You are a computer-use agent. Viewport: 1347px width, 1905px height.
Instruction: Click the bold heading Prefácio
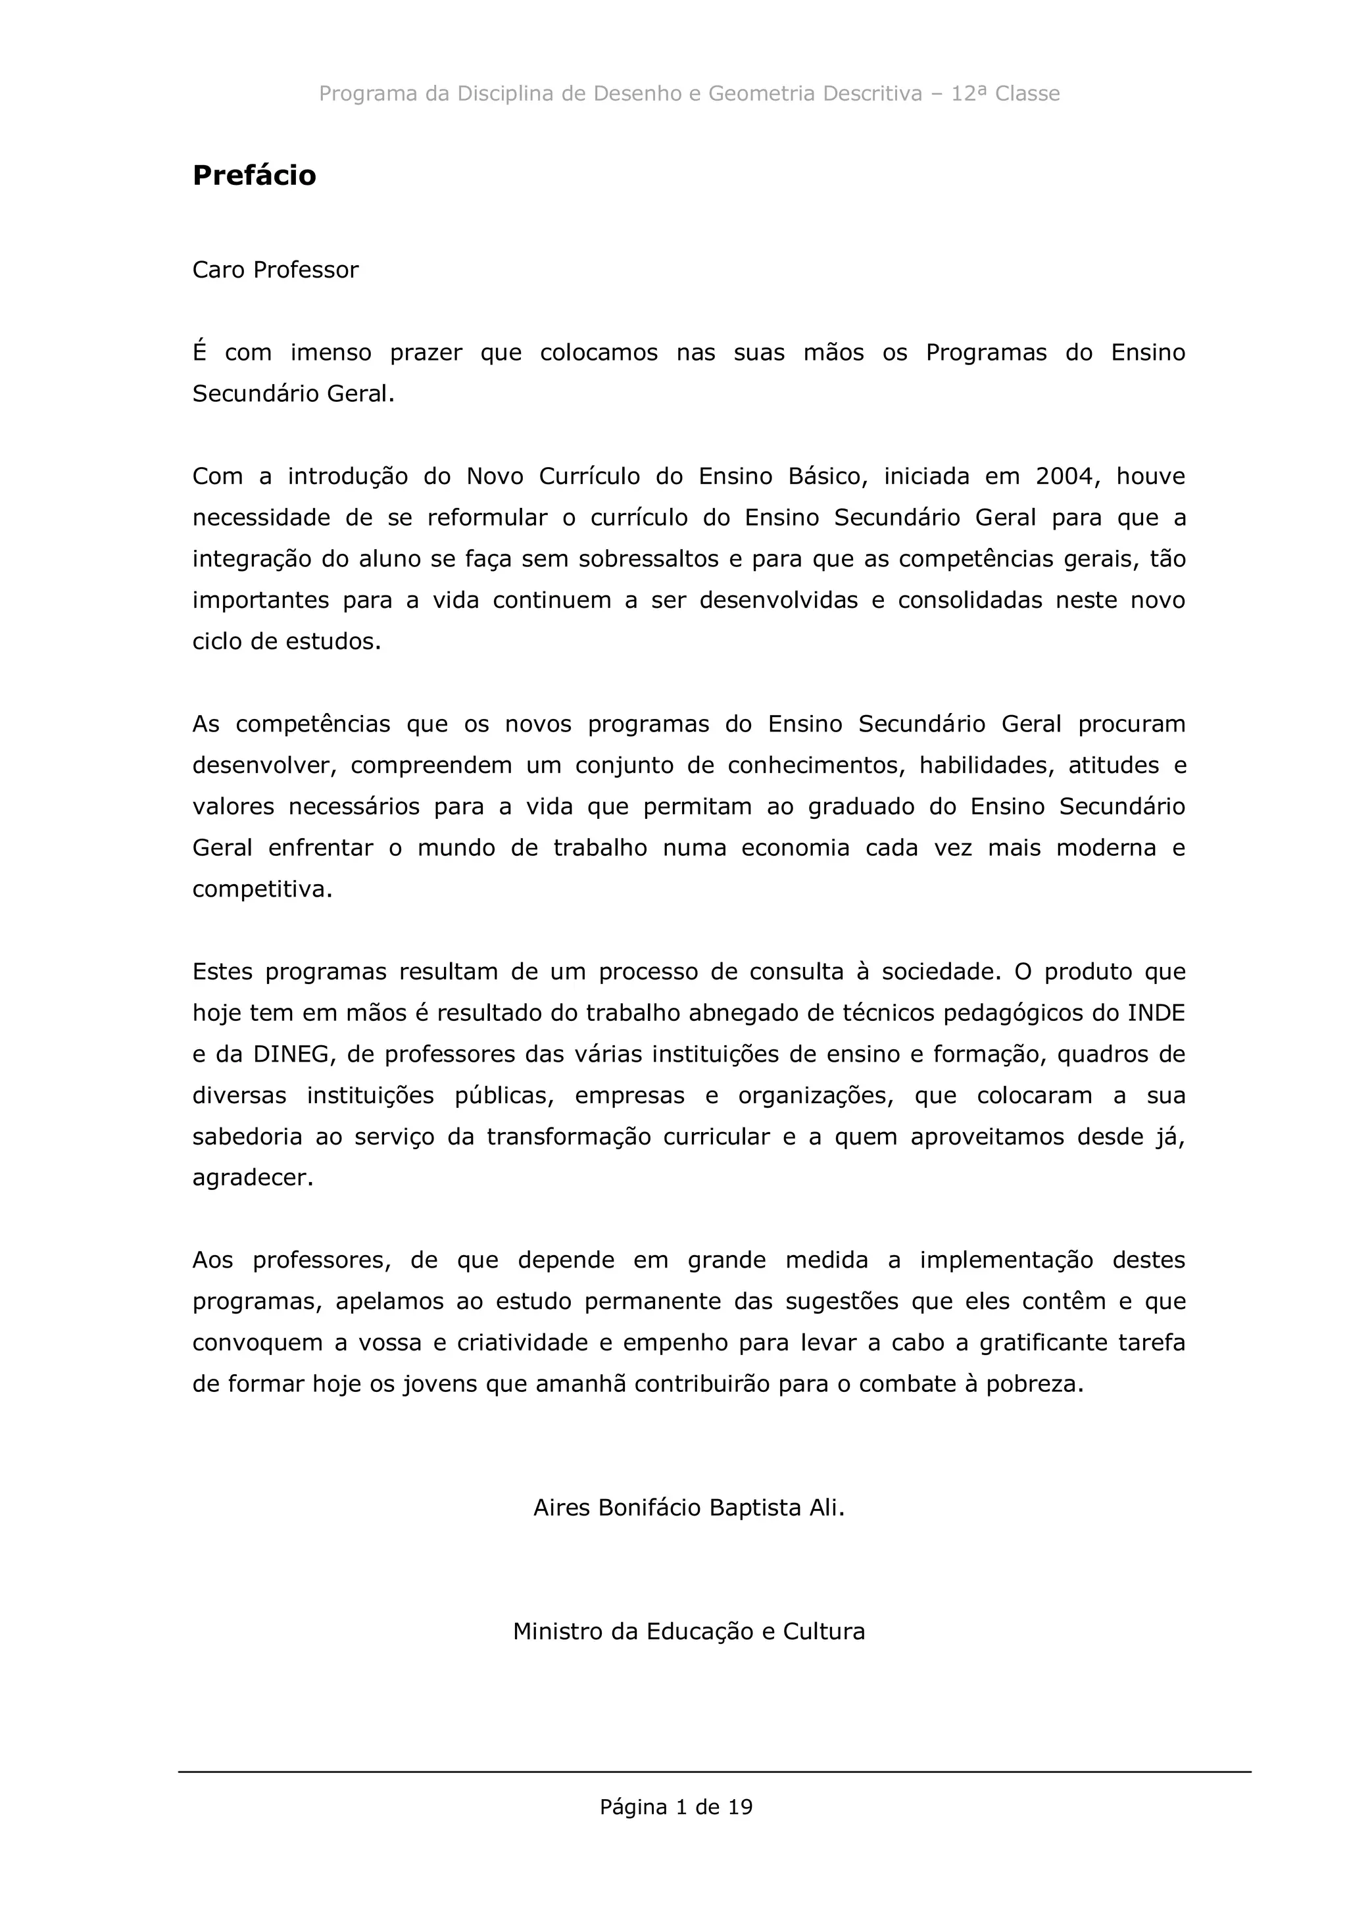coord(254,176)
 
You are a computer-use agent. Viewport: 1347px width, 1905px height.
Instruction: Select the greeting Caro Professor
coord(276,270)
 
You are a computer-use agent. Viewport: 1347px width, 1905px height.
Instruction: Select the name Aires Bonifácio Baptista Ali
coord(689,1508)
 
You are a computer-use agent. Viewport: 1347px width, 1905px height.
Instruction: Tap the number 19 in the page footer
coord(740,1807)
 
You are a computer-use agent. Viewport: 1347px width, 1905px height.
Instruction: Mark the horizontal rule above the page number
coord(714,1772)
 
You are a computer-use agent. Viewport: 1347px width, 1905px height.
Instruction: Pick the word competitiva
coord(261,889)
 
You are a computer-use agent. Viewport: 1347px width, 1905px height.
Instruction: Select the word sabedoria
coord(247,1137)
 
